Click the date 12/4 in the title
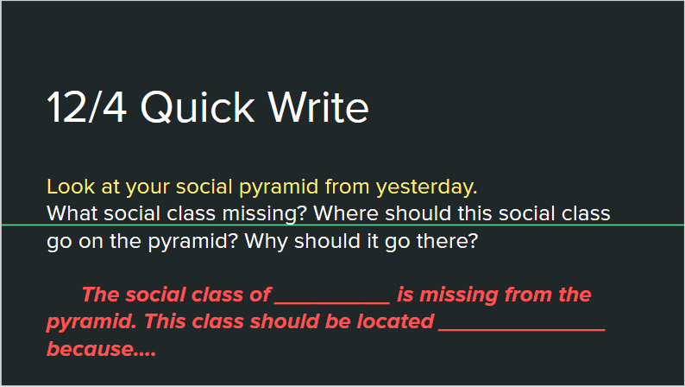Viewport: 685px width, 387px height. click(87, 107)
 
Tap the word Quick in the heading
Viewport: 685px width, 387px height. click(198, 107)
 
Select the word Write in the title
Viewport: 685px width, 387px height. click(318, 107)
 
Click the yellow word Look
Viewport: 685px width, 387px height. click(71, 187)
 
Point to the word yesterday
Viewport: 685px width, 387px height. click(427, 187)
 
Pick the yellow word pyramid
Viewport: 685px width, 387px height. click(279, 187)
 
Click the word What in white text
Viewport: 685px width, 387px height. click(72, 213)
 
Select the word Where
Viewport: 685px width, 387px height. click(346, 213)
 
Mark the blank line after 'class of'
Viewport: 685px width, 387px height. click(332, 302)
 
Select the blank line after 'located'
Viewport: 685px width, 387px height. click(522, 330)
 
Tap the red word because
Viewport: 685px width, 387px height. click(101, 349)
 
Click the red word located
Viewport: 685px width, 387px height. click(395, 322)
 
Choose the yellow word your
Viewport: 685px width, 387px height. click(148, 187)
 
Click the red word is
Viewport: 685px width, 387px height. click(405, 295)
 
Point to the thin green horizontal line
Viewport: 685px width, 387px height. click(342, 225)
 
